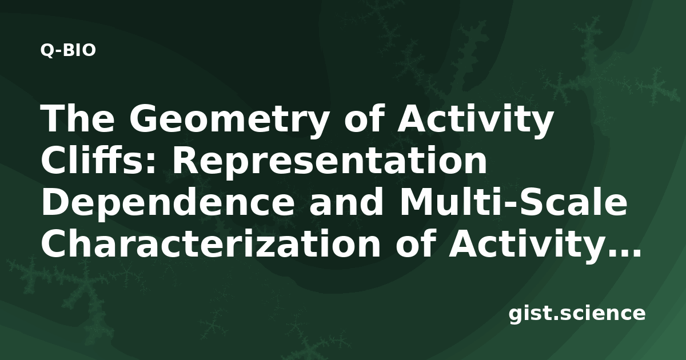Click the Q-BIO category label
coord(68,50)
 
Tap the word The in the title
coord(78,118)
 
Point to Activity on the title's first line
coord(474,121)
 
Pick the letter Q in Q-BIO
coord(47,50)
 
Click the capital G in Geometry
coord(143,118)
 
